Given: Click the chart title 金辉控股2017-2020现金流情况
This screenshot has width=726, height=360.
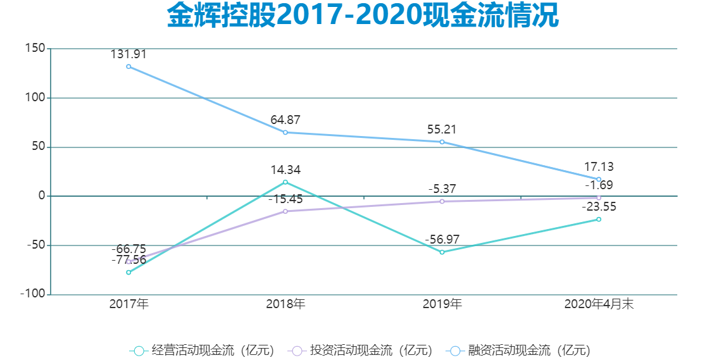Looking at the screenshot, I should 363,16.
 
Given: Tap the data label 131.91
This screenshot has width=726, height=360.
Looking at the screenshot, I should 128,54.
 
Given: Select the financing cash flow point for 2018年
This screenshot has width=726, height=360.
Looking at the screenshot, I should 285,132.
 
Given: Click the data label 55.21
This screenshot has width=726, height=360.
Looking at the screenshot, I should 442,130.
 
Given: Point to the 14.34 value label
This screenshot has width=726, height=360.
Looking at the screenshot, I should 285,170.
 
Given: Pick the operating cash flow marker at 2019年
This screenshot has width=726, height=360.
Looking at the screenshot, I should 442,252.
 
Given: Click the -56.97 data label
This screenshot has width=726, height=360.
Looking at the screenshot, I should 442,240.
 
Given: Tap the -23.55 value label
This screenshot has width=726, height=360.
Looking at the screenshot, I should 599,207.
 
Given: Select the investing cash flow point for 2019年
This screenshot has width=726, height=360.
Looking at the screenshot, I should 442,201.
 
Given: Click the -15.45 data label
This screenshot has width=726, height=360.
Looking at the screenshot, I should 285,199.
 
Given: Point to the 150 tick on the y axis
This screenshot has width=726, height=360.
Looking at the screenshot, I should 35,49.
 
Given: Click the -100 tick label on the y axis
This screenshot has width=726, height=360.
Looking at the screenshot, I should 32,294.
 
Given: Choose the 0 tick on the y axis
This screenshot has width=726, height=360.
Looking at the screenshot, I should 41,196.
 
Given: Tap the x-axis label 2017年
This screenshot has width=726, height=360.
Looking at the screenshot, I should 128,304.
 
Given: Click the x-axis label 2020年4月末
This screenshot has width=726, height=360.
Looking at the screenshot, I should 599,304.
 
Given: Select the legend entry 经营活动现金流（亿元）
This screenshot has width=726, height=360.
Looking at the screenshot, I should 202,351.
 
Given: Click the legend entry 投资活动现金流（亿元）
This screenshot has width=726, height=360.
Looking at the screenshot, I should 360,351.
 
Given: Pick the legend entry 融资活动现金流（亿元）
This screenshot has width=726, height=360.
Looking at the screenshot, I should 518,351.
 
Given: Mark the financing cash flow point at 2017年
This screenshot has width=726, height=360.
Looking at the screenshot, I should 128,66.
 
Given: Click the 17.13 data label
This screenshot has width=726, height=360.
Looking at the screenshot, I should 599,168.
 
